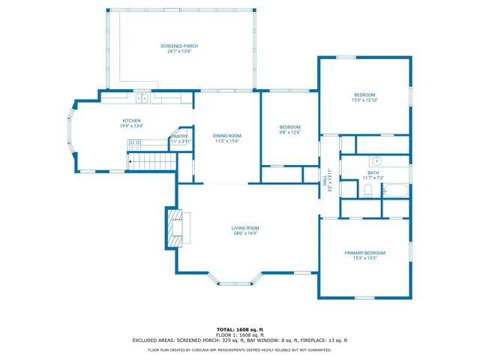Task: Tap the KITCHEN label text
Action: pyautogui.click(x=132, y=121)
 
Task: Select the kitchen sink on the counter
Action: pyautogui.click(x=140, y=97)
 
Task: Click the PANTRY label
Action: pyautogui.click(x=180, y=136)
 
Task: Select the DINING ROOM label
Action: pyautogui.click(x=226, y=136)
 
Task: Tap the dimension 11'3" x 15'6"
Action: pyautogui.click(x=226, y=141)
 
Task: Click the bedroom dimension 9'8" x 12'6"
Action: pyautogui.click(x=289, y=132)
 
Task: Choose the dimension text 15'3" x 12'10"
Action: pyautogui.click(x=364, y=100)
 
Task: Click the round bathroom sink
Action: pyautogui.click(x=377, y=160)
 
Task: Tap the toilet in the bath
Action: pyautogui.click(x=367, y=190)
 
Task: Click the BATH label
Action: pyautogui.click(x=373, y=172)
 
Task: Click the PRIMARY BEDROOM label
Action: pyautogui.click(x=364, y=253)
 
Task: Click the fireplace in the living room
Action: pyautogui.click(x=177, y=227)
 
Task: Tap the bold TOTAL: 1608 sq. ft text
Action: pyautogui.click(x=240, y=329)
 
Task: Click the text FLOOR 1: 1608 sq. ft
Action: pyautogui.click(x=240, y=334)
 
